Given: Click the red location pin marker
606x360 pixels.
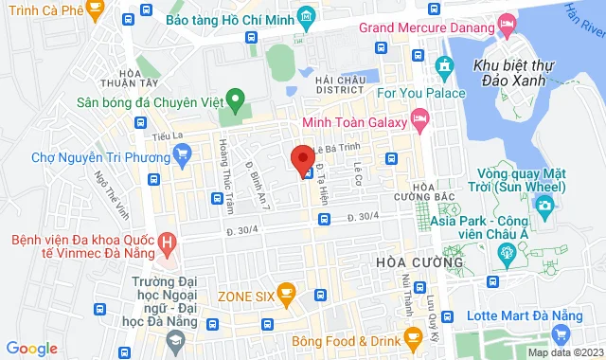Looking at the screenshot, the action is tap(302, 160).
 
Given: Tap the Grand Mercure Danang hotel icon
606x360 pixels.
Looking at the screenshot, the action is tap(507, 23).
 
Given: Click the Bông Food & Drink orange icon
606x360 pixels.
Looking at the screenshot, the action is tap(411, 335).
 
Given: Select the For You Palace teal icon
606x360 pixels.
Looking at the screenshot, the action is tap(443, 65).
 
